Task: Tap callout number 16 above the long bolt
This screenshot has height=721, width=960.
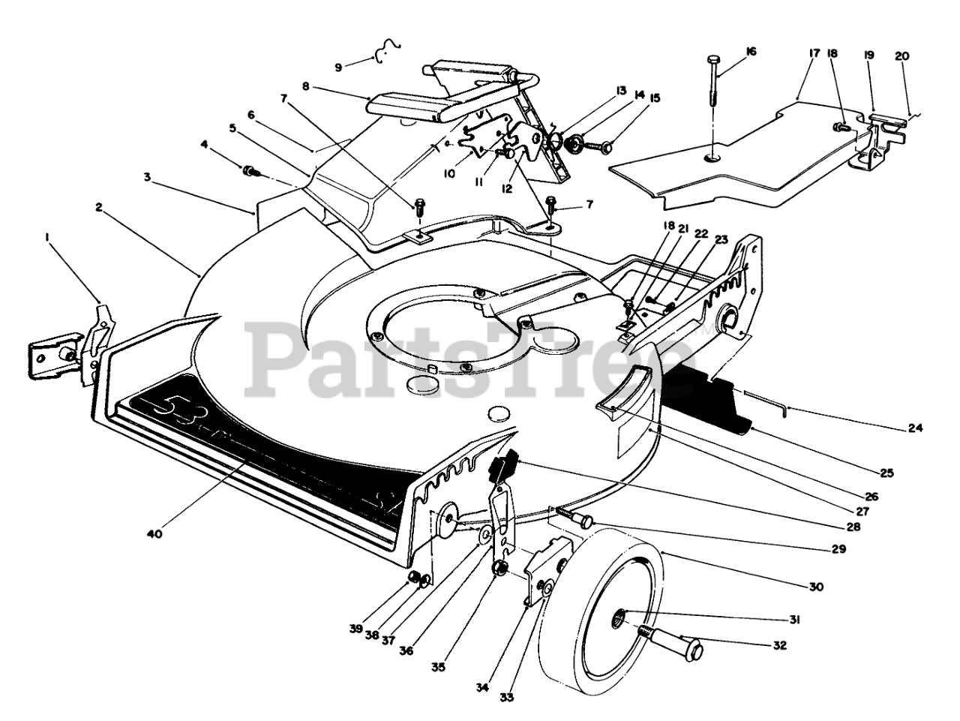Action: point(751,52)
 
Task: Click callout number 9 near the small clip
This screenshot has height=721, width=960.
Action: point(338,68)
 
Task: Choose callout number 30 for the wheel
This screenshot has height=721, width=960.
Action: point(817,587)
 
